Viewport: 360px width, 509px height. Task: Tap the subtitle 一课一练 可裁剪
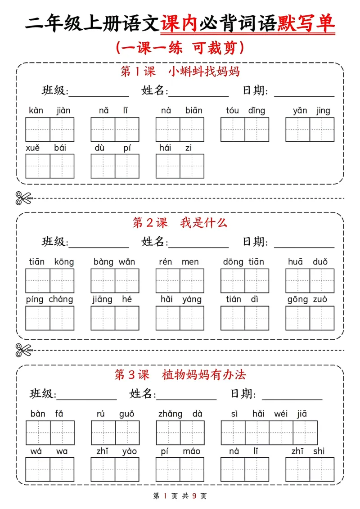coord(180,48)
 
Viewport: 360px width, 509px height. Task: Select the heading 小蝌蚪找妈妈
coord(204,71)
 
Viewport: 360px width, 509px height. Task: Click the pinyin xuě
coord(33,148)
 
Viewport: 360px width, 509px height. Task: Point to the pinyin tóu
coord(232,111)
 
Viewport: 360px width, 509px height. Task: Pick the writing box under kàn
coord(38,130)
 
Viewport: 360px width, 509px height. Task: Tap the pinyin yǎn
coord(299,111)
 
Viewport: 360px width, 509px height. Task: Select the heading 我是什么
coord(204,222)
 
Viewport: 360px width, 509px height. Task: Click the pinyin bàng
coord(103,262)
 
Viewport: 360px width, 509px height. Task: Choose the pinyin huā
coord(296,262)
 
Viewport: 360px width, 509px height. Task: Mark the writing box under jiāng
coord(103,318)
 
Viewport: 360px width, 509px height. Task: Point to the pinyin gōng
coord(297,299)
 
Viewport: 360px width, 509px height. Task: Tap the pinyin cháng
coord(61,299)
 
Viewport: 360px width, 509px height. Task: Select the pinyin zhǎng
coord(170,414)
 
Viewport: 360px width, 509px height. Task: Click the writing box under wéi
coord(281,433)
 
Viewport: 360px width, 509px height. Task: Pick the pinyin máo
coord(192,451)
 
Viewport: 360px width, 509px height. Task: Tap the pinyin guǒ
coord(126,414)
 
